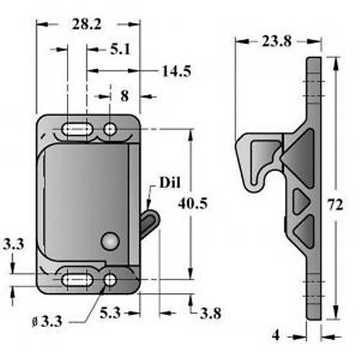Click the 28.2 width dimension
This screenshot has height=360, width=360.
[x=86, y=24]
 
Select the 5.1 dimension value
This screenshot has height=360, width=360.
[x=120, y=50]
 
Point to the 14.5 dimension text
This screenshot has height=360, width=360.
[x=177, y=71]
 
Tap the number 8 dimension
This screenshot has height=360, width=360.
[x=125, y=96]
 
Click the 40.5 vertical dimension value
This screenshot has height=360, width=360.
[x=193, y=204]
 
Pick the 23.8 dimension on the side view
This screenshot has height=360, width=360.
[x=276, y=41]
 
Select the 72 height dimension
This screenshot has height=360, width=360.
[x=336, y=205]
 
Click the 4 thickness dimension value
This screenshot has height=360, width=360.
[x=276, y=335]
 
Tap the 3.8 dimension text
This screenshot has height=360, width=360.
[x=210, y=313]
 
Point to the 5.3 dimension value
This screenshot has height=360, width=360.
[x=110, y=312]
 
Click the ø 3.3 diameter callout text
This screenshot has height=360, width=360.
[x=47, y=321]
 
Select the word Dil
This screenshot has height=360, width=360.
[x=170, y=183]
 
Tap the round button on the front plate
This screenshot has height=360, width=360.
[x=110, y=241]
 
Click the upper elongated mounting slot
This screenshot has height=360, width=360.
[x=77, y=130]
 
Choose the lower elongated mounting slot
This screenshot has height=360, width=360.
[x=77, y=280]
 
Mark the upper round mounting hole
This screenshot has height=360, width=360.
[x=110, y=130]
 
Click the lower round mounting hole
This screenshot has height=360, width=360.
[x=110, y=280]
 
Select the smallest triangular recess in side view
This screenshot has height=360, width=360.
[x=301, y=202]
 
